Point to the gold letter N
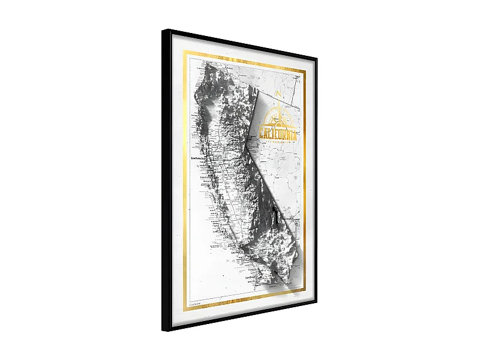click(278, 94)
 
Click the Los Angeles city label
click(236, 253)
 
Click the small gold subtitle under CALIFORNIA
click(280, 142)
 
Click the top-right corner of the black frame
click(316, 58)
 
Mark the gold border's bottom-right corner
click(305, 290)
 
